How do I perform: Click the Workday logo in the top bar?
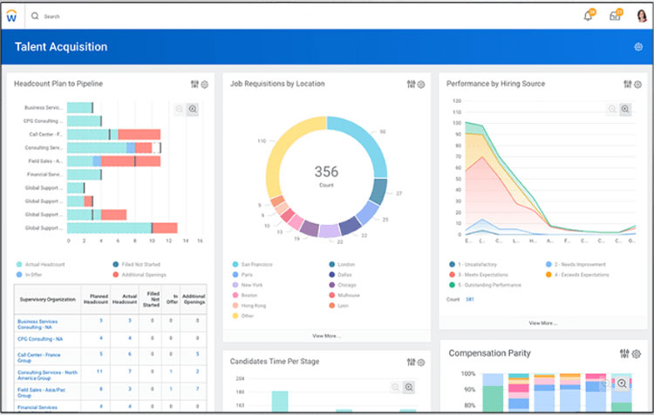coord(11,16)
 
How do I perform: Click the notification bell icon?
coord(588,16)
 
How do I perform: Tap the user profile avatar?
coord(642,16)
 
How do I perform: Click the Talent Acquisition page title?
coord(61,47)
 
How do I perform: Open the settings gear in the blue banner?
coord(638,47)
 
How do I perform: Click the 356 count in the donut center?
coord(326,172)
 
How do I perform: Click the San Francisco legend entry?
coord(258,264)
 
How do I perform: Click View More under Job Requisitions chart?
coord(326,336)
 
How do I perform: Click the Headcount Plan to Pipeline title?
coord(58,84)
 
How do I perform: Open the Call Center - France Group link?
coord(39,355)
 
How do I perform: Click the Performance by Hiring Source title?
coord(495,84)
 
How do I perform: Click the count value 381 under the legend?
coord(470,299)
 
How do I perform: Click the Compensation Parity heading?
coord(489,353)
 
